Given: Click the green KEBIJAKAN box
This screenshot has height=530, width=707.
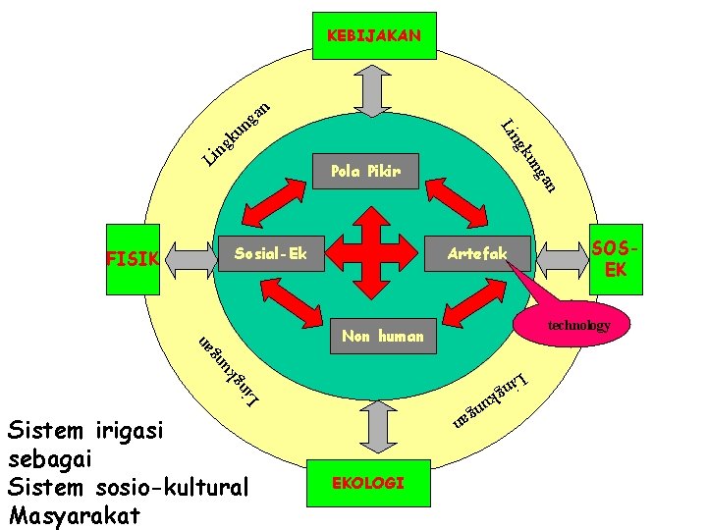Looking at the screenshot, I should [373, 36].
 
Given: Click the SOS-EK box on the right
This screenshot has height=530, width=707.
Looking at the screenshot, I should [616, 259].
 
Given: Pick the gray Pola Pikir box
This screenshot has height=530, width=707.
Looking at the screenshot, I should [365, 172].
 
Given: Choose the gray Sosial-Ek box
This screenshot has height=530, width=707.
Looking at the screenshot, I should [270, 255].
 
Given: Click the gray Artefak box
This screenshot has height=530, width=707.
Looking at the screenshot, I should [477, 255].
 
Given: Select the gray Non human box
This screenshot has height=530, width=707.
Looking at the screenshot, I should [382, 337].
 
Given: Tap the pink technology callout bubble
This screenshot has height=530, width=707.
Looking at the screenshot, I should [578, 325].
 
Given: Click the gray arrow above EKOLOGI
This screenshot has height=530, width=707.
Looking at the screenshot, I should [372, 426].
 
